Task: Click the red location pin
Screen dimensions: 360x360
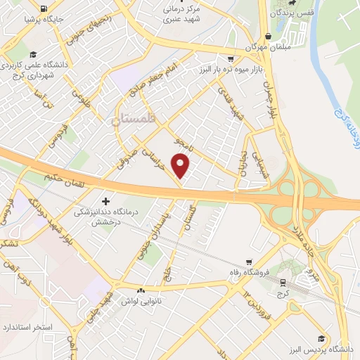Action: [181, 166]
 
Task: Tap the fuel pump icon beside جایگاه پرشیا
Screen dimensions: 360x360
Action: [45, 8]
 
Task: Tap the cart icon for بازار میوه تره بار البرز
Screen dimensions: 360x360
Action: [231, 59]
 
